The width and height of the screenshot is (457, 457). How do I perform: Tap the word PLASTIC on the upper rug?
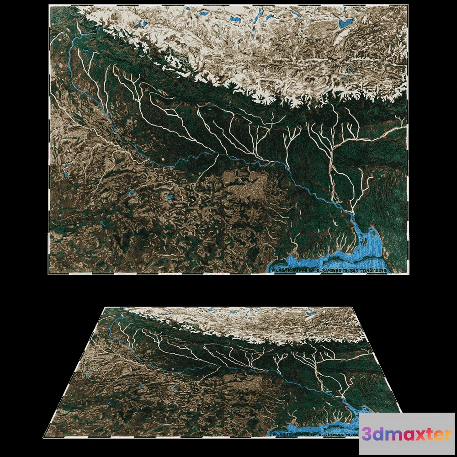281,271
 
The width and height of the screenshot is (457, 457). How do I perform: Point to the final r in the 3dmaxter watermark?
448,435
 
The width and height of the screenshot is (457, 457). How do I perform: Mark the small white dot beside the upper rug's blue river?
163,159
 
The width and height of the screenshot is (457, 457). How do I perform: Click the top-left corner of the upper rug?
49,5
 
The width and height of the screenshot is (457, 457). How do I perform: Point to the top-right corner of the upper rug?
408,5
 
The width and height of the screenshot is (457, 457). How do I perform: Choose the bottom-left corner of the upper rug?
49,274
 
